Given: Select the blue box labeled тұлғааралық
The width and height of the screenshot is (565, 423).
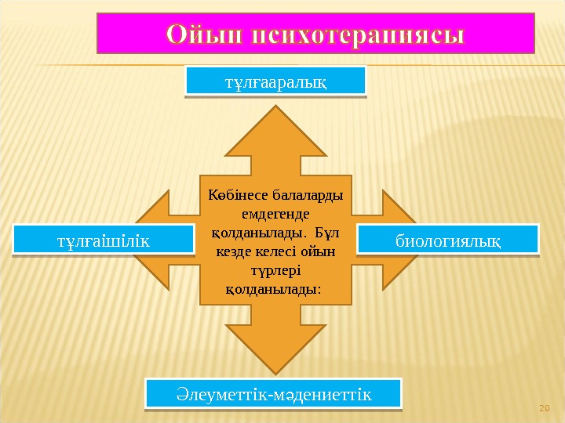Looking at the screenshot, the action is pyautogui.click(x=275, y=81).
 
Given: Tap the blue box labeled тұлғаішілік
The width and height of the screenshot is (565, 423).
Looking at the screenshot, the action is pyautogui.click(x=103, y=240).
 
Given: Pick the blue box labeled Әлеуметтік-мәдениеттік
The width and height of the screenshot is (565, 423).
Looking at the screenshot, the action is pyautogui.click(x=273, y=394).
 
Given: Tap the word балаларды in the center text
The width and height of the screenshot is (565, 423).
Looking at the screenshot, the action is pyautogui.click(x=304, y=194).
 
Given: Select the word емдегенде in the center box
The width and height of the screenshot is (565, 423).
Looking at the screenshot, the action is pyautogui.click(x=275, y=213).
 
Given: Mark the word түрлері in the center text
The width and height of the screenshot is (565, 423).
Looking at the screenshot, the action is pyautogui.click(x=275, y=270).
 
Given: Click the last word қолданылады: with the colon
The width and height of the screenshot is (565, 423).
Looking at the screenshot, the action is pyautogui.click(x=274, y=289).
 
